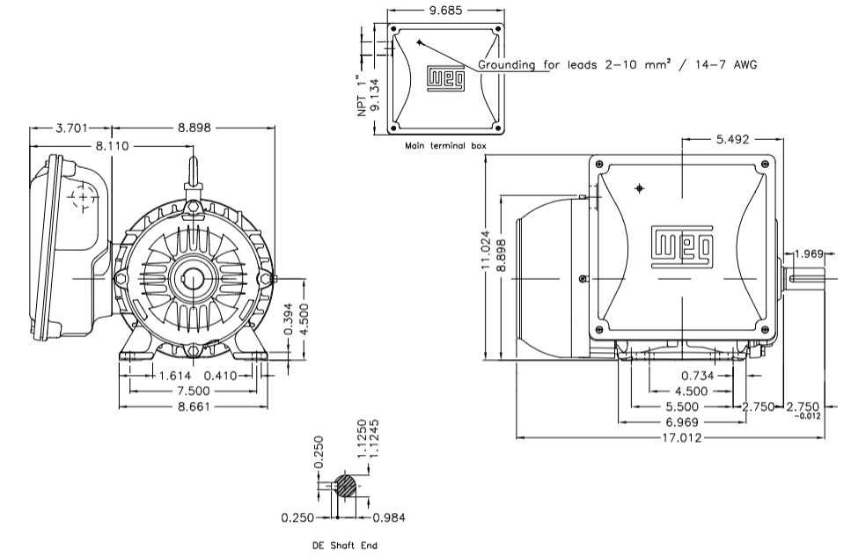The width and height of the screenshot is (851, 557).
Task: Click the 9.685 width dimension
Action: point(445,12)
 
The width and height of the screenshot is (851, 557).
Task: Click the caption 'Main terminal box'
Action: point(444,145)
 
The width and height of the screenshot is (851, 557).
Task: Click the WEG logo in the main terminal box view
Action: point(444,78)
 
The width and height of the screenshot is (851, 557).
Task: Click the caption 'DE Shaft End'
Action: point(345,546)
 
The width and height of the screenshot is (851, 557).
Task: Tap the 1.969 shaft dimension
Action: point(808,254)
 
